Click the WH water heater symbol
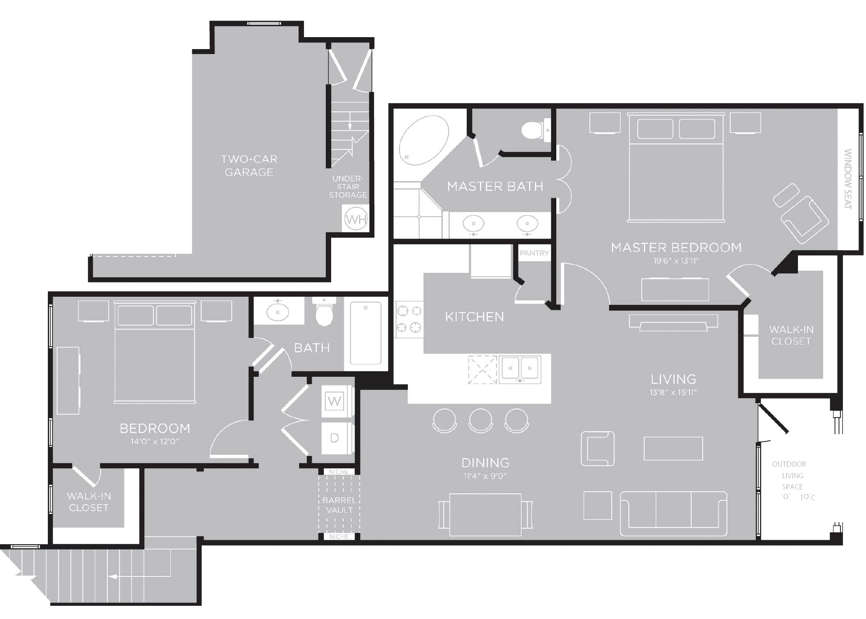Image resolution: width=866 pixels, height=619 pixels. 355,219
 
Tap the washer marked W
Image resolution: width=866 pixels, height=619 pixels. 334,401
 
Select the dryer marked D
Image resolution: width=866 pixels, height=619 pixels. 334,438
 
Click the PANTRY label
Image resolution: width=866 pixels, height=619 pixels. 534,253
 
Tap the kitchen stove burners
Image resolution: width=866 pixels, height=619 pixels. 409,319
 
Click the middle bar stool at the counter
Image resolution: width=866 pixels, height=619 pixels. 480,421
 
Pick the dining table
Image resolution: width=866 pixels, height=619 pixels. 485,515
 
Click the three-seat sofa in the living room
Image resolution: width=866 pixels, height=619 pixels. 673,514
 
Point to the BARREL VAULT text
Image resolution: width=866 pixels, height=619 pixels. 339,505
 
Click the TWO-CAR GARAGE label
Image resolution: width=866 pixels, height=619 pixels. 249,165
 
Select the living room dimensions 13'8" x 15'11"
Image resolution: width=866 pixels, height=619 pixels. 673,392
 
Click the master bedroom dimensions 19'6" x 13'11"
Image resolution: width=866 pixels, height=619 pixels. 676,261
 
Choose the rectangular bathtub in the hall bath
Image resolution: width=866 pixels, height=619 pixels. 366,333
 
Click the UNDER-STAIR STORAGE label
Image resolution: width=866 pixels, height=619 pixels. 348,187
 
